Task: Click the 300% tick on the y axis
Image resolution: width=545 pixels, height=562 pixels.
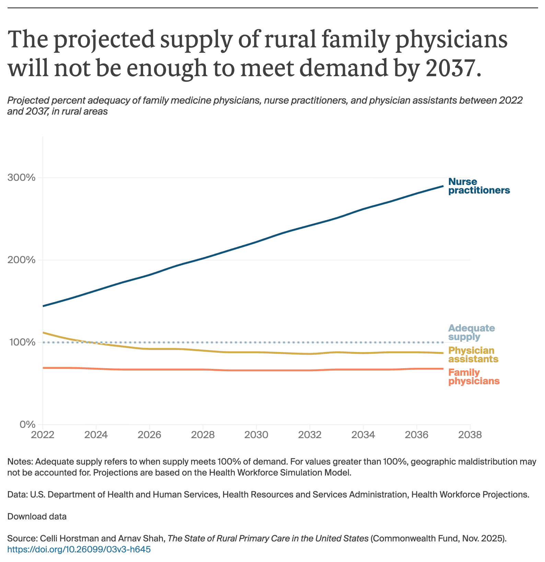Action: pyautogui.click(x=21, y=178)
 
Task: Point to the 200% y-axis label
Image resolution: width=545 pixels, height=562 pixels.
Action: pyautogui.click(x=21, y=260)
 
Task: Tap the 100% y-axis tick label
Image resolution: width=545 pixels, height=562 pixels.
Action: pyautogui.click(x=21, y=342)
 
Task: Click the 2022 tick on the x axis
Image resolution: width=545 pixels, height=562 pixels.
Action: pyautogui.click(x=43, y=435)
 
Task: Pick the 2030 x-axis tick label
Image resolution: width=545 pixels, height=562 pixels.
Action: pyautogui.click(x=256, y=435)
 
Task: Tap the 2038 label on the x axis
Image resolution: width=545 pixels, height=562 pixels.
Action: pyautogui.click(x=470, y=435)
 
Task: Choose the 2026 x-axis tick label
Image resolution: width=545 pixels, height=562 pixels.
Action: pyautogui.click(x=149, y=435)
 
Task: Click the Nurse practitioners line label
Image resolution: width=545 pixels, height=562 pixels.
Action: pyautogui.click(x=479, y=186)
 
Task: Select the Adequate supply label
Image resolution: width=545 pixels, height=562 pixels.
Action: pyautogui.click(x=471, y=332)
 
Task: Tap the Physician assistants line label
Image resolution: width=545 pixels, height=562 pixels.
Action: pyautogui.click(x=473, y=354)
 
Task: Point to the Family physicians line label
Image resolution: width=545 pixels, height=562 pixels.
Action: pyautogui.click(x=474, y=376)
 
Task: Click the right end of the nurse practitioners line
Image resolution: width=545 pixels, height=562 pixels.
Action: pyautogui.click(x=443, y=186)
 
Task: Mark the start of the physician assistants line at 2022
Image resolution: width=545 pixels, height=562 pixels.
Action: pyautogui.click(x=43, y=332)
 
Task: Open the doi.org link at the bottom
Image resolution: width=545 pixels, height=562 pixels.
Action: pyautogui.click(x=79, y=549)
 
